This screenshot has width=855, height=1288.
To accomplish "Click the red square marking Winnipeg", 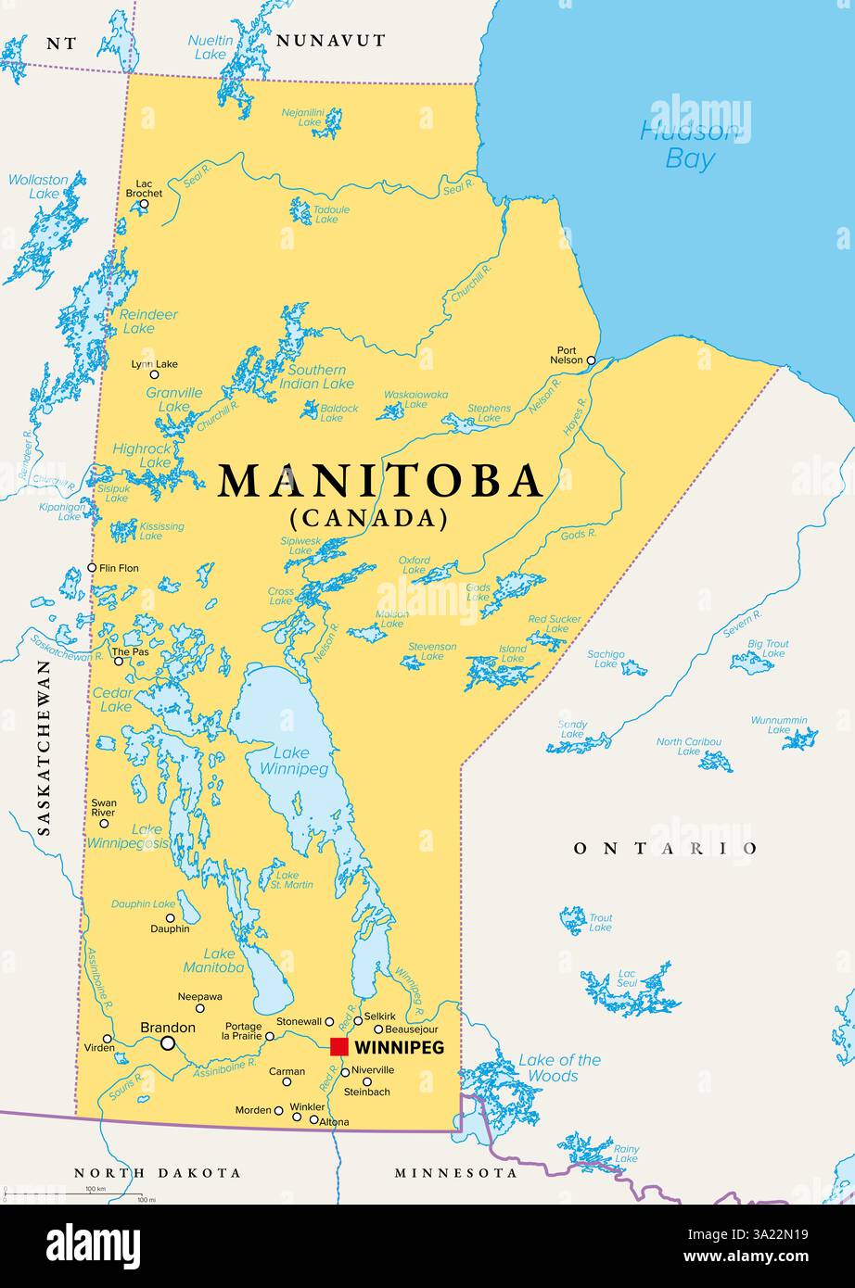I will coord(339,1046).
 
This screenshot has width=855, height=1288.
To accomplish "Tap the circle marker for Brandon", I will coord(168,1043).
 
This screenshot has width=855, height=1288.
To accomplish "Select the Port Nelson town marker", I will coord(591,360).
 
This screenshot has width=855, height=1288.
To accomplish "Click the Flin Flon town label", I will coord(120,567).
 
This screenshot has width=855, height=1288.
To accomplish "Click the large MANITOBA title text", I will coord(380,481).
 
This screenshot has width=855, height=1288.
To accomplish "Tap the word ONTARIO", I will coord(665,848).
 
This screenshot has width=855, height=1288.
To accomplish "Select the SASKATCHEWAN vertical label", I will coord(43,749).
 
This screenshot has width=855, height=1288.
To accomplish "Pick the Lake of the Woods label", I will coord(559,1067).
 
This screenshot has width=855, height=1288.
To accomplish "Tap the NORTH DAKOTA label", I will coord(158,1173).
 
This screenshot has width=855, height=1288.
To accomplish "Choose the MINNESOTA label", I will coord(456,1173).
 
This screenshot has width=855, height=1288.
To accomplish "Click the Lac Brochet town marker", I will coord(144,205).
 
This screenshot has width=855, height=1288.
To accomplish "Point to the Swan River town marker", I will coord(104,823).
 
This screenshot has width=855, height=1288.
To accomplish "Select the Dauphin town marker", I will coord(169,917).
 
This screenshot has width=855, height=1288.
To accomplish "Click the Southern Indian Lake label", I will coord(316,376).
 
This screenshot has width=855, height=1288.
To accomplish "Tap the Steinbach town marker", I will coord(367,1080).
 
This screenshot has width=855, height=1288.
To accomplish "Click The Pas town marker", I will coord(118,661).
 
